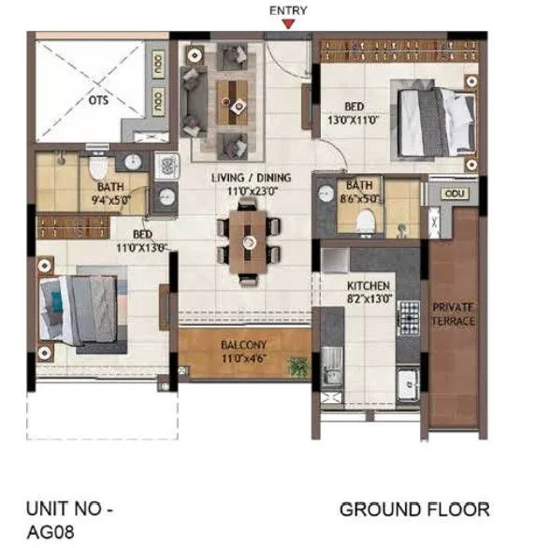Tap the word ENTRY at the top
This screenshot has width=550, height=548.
point(288,10)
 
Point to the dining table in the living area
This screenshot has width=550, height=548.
point(249,241)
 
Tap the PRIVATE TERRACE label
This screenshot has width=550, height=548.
point(453,313)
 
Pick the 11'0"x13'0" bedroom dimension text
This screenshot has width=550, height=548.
point(139,248)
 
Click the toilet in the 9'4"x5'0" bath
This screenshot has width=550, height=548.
point(97,171)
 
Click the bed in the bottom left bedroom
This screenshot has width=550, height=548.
point(80,311)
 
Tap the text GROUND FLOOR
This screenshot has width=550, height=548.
point(413,510)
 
